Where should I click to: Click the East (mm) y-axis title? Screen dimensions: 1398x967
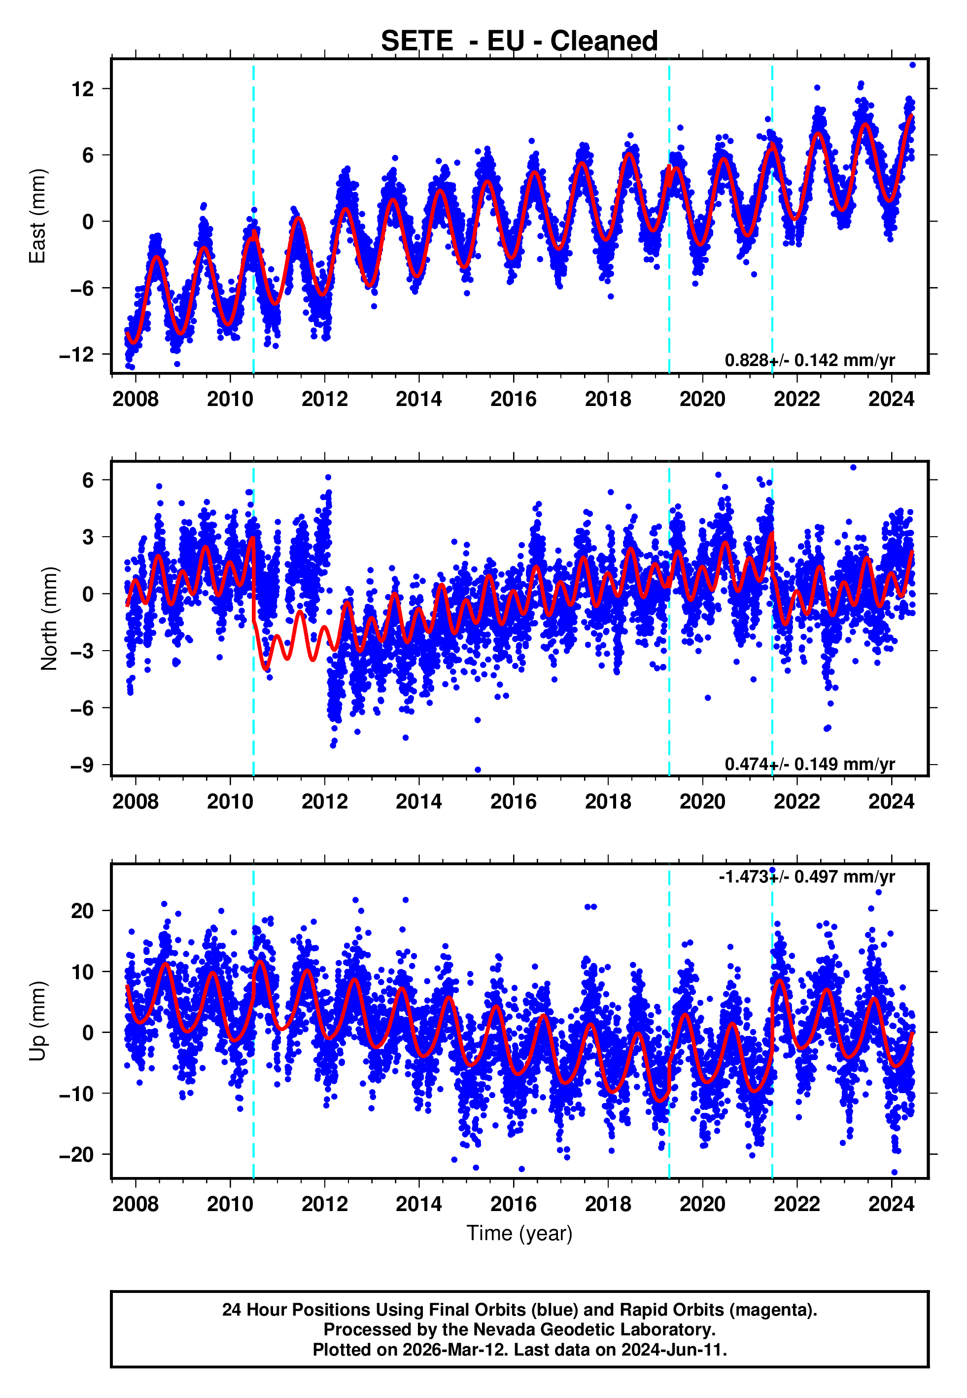click(x=37, y=216)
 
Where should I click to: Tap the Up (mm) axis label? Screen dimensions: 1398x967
click(x=37, y=1021)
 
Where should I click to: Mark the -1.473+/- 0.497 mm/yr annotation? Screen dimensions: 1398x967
click(x=806, y=877)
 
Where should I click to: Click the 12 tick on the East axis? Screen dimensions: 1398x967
click(x=82, y=89)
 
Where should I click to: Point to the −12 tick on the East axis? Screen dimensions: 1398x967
click(x=76, y=355)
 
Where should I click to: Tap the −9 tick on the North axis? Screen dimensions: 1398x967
click(x=82, y=765)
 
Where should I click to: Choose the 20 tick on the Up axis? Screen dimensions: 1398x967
click(x=82, y=911)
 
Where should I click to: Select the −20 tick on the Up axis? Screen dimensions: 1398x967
click(x=76, y=1155)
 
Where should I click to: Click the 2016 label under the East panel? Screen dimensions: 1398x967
click(x=513, y=399)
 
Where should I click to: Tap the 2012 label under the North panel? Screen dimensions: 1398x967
click(x=324, y=802)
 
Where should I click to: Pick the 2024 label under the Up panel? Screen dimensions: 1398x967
click(x=891, y=1204)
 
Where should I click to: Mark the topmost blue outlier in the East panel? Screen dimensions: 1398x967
click(x=912, y=65)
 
